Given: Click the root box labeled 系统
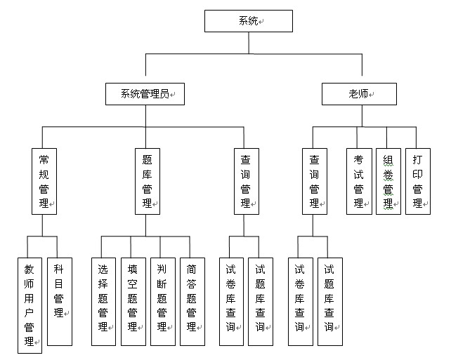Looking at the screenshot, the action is click(x=249, y=21).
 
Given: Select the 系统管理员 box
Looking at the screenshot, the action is click(x=145, y=94).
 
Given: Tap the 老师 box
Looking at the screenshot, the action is click(x=359, y=94).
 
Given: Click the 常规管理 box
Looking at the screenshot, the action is click(x=44, y=181).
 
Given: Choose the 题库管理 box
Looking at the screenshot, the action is click(x=148, y=181).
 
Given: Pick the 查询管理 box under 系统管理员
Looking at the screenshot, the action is click(x=247, y=181).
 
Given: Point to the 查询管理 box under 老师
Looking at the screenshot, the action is click(x=315, y=181).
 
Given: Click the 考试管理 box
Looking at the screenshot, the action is click(x=359, y=181).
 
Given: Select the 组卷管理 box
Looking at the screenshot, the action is click(x=388, y=181).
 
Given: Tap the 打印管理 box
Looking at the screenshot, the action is click(x=418, y=181).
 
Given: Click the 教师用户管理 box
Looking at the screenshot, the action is click(x=30, y=305).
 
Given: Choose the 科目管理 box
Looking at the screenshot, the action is click(x=60, y=302).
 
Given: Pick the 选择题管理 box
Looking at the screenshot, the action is click(x=103, y=302).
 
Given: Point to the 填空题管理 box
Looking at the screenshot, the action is click(x=133, y=302).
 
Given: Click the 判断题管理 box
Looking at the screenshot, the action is click(x=163, y=302).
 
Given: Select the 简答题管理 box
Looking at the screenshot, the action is click(x=192, y=302).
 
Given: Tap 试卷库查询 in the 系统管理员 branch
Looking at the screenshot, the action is click(x=231, y=302).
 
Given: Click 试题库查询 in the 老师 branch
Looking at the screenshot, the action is click(x=330, y=302).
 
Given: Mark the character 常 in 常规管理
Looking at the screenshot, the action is click(x=44, y=159).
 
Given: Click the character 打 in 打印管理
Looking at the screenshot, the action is click(x=417, y=159).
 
